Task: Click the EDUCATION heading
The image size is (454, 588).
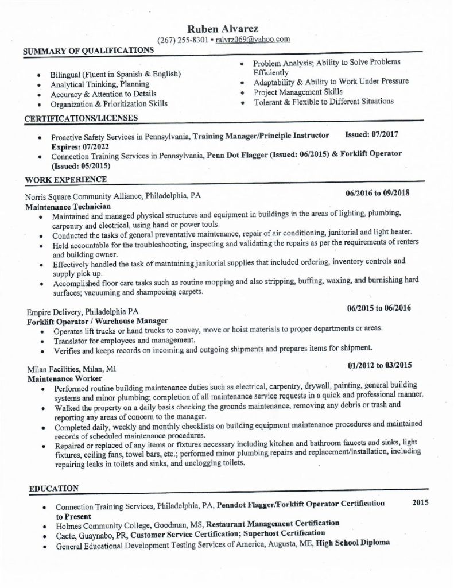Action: [x=53, y=488]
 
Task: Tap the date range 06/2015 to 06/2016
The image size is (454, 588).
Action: [x=379, y=308]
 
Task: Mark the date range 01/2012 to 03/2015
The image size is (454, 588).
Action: [x=379, y=365]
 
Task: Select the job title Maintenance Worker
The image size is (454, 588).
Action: [x=64, y=379]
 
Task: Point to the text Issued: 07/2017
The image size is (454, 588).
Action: [x=371, y=135]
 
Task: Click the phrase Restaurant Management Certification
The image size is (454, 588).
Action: [x=272, y=523]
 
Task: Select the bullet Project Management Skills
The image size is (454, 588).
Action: [x=298, y=91]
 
